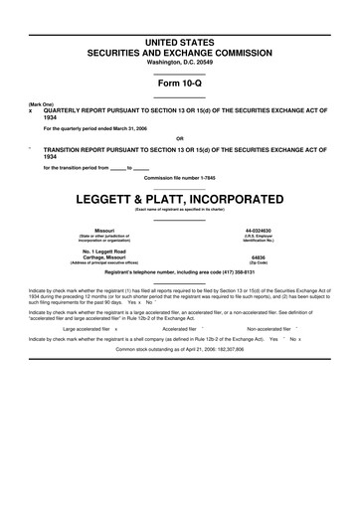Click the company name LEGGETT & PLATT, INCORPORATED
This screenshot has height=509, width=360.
179,198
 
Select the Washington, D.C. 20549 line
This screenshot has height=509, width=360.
179,62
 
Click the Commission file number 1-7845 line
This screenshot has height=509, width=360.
179,177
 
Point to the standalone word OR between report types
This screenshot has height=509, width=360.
179,138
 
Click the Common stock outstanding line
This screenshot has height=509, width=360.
179,350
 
